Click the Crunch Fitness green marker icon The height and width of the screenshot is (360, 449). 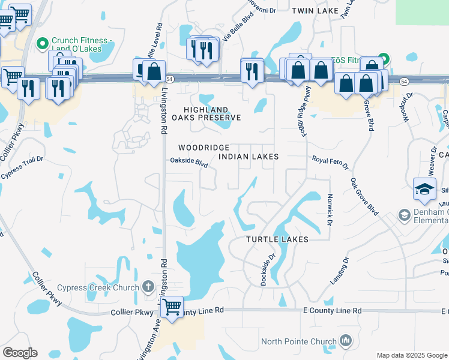tap(43, 43)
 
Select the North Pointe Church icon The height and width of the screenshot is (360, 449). tap(345, 342)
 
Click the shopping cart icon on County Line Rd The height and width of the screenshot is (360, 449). tap(172, 307)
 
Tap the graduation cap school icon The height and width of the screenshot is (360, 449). tap(424, 189)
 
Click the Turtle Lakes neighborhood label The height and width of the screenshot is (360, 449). tap(277, 239)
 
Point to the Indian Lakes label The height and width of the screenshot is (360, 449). tap(249, 157)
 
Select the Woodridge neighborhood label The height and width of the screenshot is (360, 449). tap(203, 148)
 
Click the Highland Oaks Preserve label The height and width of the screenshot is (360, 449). tap(203, 114)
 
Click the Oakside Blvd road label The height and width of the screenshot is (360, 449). tap(188, 161)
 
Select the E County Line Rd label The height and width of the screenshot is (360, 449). tap(332, 311)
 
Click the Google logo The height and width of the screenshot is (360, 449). tap(20, 353)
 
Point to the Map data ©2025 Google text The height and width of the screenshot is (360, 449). tap(411, 355)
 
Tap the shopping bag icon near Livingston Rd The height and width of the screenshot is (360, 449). tap(154, 71)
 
